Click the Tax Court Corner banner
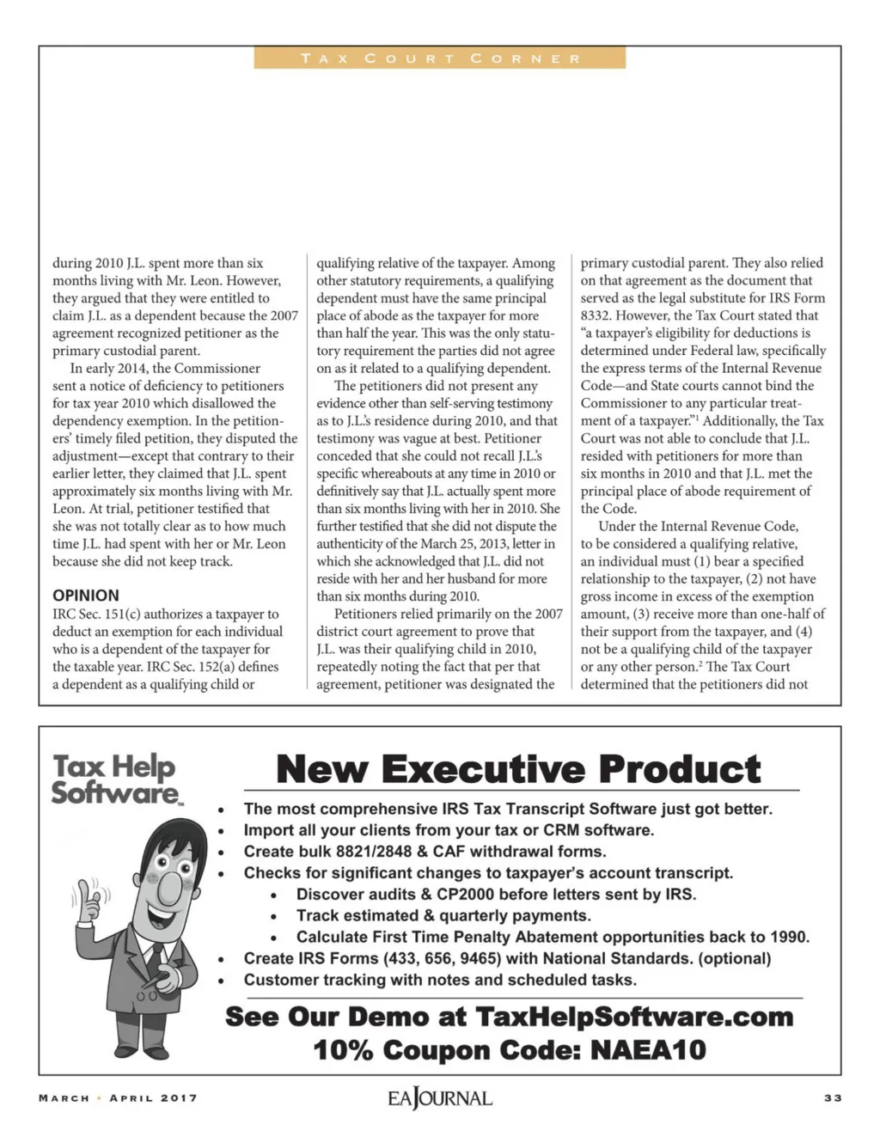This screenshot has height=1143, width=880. pyautogui.click(x=440, y=58)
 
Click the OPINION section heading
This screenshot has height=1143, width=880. pyautogui.click(x=86, y=595)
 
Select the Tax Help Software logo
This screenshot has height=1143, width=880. pyautogui.click(x=114, y=779)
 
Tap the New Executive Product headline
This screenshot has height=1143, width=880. pyautogui.click(x=518, y=768)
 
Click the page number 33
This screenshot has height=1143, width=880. pyautogui.click(x=832, y=1097)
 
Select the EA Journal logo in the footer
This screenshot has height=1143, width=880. pyautogui.click(x=439, y=1098)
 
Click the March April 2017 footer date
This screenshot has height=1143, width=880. pyautogui.click(x=118, y=1097)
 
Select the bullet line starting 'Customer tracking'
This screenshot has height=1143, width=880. pyautogui.click(x=440, y=980)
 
